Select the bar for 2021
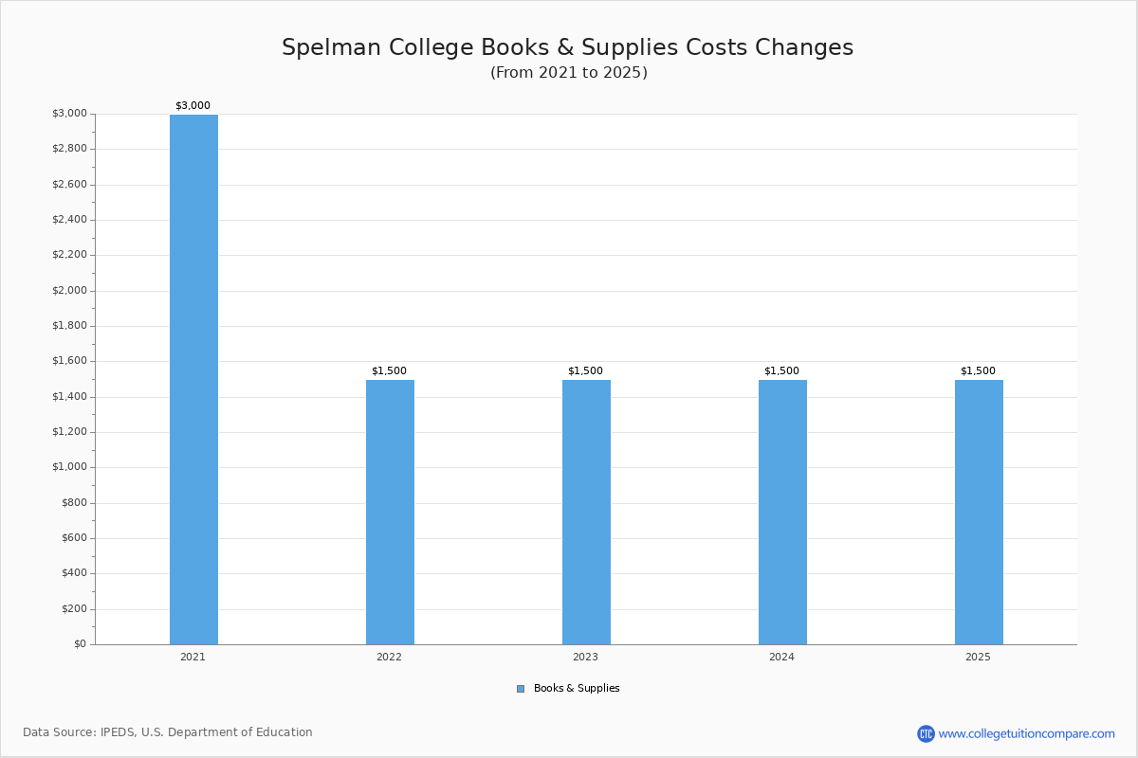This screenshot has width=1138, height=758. (x=193, y=379)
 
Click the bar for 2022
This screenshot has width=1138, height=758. (x=390, y=512)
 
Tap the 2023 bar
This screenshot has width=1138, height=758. (x=586, y=512)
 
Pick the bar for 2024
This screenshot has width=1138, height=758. (x=782, y=512)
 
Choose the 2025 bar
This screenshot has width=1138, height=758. (x=979, y=512)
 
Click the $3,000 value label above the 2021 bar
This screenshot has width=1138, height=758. (x=193, y=106)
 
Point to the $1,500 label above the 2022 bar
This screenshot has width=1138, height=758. (x=389, y=371)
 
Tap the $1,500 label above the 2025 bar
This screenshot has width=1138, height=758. (x=978, y=371)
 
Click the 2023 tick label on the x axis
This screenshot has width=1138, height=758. (x=585, y=657)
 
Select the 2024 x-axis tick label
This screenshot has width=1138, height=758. (x=781, y=657)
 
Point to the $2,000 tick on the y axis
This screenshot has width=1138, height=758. (x=69, y=291)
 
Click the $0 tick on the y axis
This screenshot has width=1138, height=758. (x=80, y=644)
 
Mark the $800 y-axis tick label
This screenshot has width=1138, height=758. (x=74, y=503)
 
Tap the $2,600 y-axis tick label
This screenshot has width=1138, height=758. (x=69, y=185)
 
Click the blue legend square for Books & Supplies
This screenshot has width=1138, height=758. (x=521, y=689)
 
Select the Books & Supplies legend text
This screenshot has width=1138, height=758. (x=577, y=689)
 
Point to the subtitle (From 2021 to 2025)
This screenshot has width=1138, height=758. (x=569, y=73)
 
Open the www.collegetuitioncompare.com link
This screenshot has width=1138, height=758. (x=1026, y=733)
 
